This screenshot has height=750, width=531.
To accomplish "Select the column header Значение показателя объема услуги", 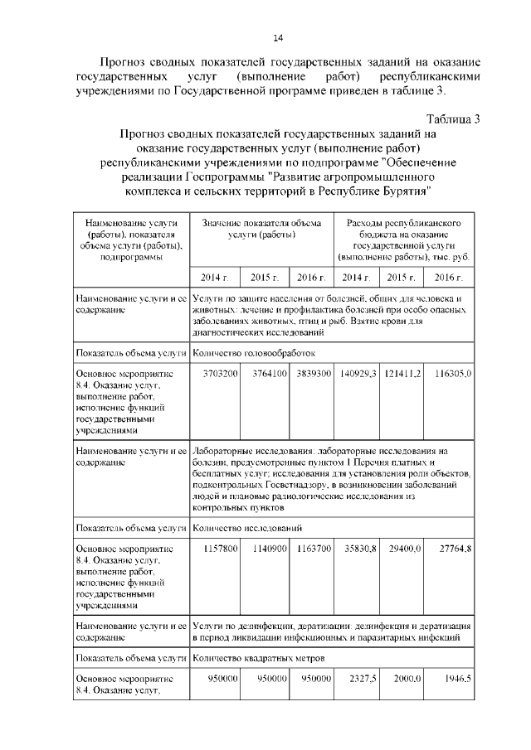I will [x=261, y=230].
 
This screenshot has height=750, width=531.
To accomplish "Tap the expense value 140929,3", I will [x=359, y=374].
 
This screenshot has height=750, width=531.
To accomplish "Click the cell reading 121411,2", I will [x=404, y=374].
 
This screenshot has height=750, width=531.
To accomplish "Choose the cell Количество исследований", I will [x=246, y=527].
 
